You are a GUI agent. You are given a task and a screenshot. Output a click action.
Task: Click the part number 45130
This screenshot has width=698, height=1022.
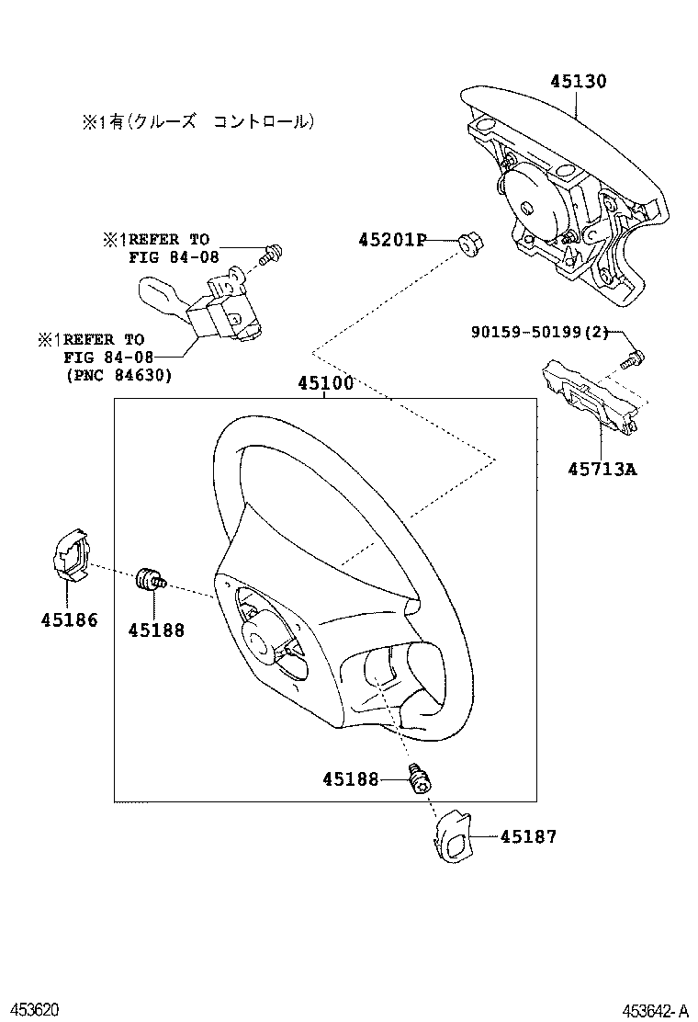(x=578, y=81)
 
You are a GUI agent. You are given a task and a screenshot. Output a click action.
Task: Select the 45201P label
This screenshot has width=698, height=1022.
(x=392, y=240)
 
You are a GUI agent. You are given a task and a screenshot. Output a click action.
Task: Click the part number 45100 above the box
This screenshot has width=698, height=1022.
(x=324, y=384)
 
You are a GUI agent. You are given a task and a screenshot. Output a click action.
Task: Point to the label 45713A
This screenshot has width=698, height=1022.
(x=602, y=470)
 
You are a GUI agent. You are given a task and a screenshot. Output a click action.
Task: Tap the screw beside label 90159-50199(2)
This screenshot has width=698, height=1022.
(x=633, y=358)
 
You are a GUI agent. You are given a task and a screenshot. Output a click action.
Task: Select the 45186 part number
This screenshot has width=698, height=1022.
(x=69, y=619)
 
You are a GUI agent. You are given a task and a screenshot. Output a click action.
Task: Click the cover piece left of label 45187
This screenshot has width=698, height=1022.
(x=452, y=836)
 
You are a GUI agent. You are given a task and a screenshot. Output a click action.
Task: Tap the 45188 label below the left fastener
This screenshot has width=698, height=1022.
(x=156, y=630)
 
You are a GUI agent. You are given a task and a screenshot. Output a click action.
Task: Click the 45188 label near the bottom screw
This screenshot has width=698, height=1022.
(x=350, y=779)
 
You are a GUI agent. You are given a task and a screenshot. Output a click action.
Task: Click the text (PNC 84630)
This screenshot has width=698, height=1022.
(x=118, y=375)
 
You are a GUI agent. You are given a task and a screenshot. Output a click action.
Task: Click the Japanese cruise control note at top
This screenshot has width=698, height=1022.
(x=197, y=121)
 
